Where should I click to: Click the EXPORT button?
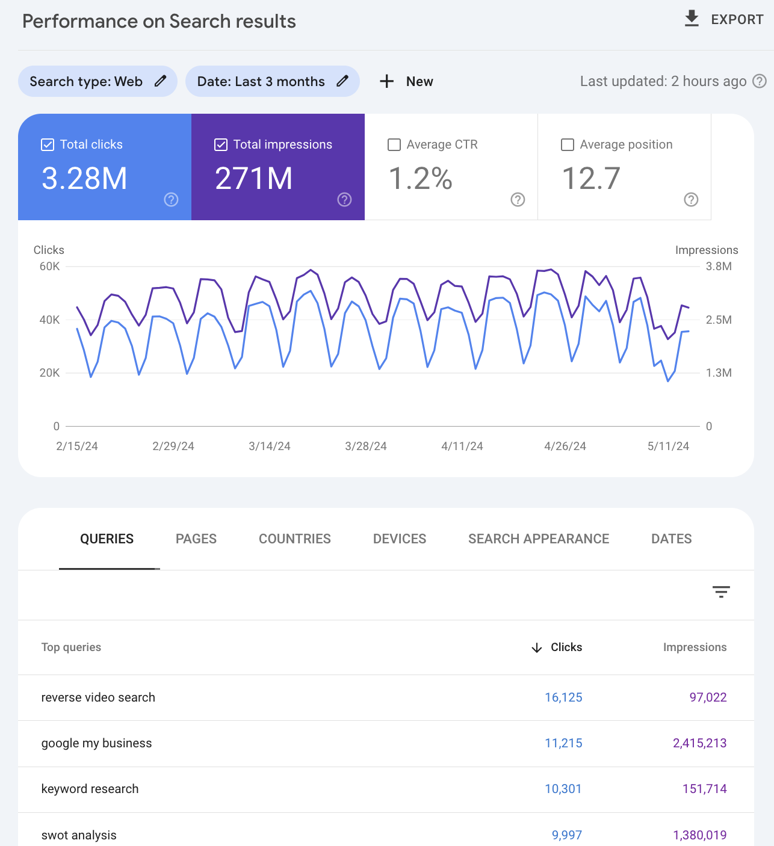click(x=724, y=19)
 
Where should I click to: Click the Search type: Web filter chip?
click(x=98, y=81)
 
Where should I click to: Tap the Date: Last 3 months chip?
click(x=272, y=81)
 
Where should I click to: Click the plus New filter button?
click(x=406, y=81)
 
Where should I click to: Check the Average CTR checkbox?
click(x=394, y=144)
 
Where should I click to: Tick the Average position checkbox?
click(x=567, y=144)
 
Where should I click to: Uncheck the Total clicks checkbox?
click(x=48, y=144)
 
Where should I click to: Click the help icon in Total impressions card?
click(x=344, y=200)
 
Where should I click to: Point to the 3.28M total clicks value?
click(x=84, y=179)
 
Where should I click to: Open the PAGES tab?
click(x=196, y=539)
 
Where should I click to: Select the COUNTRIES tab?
click(x=295, y=539)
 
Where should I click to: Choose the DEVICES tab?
click(x=400, y=539)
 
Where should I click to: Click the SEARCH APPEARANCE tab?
click(x=539, y=539)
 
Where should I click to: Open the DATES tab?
click(x=671, y=539)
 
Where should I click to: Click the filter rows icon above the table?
click(x=721, y=591)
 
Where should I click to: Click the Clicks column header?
click(x=566, y=647)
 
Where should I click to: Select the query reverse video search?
click(x=98, y=697)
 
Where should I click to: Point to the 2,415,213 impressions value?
click(x=699, y=743)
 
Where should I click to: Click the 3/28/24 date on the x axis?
click(x=365, y=446)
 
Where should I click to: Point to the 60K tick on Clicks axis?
click(x=49, y=267)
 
